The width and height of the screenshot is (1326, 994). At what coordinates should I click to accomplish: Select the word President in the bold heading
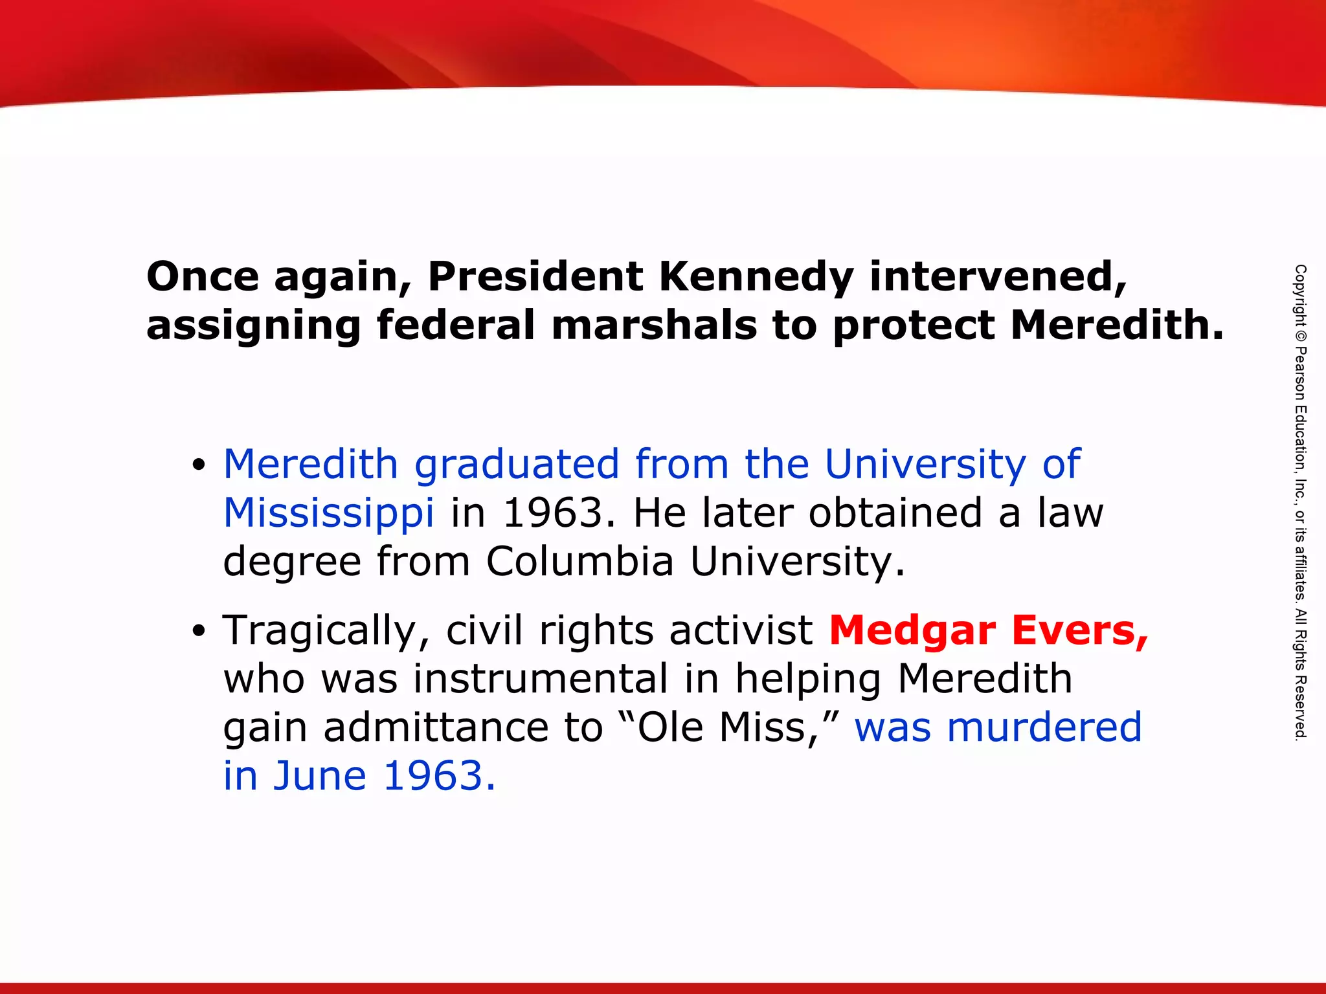tap(535, 277)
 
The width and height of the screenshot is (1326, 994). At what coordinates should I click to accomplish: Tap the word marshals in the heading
tap(654, 325)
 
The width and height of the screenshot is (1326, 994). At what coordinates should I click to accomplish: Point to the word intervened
tap(998, 277)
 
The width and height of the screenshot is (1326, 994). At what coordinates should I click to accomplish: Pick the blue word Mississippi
tap(328, 513)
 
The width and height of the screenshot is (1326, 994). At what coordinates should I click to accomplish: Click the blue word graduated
tap(517, 465)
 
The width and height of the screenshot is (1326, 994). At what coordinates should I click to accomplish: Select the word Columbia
tap(580, 561)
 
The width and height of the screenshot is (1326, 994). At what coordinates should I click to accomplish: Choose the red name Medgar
tap(912, 630)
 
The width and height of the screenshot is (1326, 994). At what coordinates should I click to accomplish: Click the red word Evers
tap(1079, 630)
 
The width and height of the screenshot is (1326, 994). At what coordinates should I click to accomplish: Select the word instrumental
tap(541, 679)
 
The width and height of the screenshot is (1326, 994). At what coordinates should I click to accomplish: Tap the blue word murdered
tap(1044, 727)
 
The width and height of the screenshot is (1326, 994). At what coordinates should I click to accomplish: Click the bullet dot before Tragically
tap(199, 631)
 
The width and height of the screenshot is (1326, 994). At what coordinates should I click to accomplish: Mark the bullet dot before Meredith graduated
tap(199, 465)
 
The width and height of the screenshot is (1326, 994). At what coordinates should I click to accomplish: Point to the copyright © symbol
tap(1300, 337)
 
